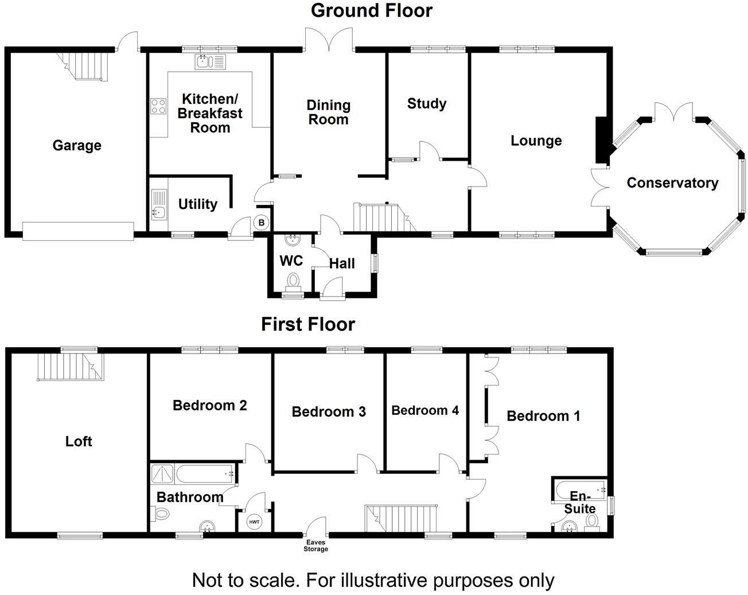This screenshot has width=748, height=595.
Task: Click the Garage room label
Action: point(77,146)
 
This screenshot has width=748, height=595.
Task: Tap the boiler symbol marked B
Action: point(261,222)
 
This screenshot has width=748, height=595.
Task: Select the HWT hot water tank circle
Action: point(254,522)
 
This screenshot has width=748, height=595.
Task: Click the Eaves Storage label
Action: point(315,546)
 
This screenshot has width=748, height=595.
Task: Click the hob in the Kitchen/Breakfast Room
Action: point(158,106)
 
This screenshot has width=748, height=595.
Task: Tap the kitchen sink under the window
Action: point(211,61)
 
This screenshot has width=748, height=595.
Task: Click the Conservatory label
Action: point(672,183)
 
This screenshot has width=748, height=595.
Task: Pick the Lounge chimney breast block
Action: point(602,140)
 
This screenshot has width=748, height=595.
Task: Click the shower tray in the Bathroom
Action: point(163,475)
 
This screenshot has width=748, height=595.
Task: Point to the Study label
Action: point(427,104)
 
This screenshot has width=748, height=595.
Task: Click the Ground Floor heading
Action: point(371,10)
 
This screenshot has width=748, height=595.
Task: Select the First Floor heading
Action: point(308,324)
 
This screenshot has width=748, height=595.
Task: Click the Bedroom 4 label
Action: point(425,410)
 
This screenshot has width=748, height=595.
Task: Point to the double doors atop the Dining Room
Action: point(329,40)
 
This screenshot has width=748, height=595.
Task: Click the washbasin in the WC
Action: point(294,239)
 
